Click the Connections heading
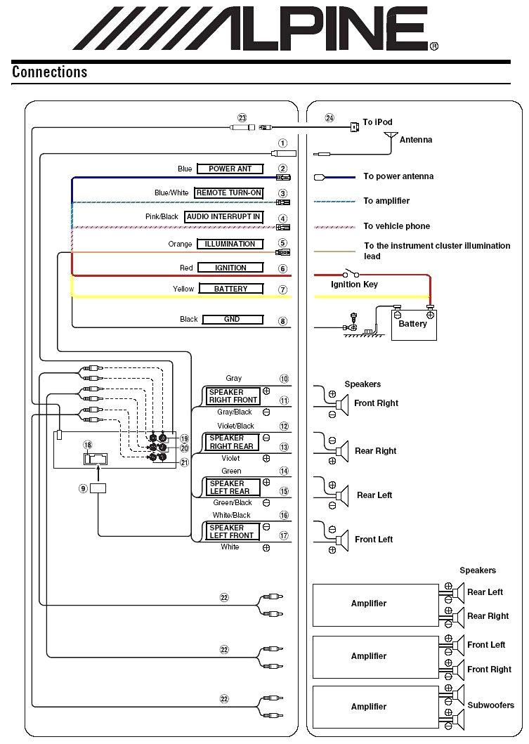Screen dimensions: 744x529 click(49, 72)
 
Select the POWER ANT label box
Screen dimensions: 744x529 click(230, 169)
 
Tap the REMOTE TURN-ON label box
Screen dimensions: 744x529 click(229, 193)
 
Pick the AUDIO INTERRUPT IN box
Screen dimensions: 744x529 click(223, 217)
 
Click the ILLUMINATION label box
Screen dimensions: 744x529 click(230, 244)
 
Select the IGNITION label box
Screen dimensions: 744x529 click(230, 268)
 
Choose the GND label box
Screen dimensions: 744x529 click(232, 319)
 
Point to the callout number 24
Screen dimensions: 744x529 click(329, 118)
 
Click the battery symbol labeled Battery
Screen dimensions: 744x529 click(412, 324)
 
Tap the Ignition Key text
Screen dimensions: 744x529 click(354, 285)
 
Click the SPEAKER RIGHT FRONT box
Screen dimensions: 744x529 click(233, 396)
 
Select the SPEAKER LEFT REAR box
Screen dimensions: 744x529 click(233, 487)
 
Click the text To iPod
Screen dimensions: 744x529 click(377, 122)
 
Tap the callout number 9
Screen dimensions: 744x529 click(83, 488)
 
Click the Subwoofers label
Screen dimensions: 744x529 click(490, 705)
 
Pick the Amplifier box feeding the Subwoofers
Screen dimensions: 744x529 click(369, 707)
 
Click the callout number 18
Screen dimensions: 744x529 click(87, 445)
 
